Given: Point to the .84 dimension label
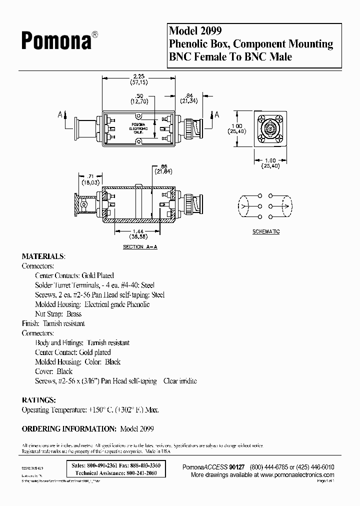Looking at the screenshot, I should (x=189, y=96).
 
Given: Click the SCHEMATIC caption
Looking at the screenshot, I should (x=265, y=231).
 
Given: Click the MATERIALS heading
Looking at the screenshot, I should (x=43, y=256).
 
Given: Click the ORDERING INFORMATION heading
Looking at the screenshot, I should (x=69, y=428).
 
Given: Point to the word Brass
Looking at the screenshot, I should (x=73, y=314).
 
